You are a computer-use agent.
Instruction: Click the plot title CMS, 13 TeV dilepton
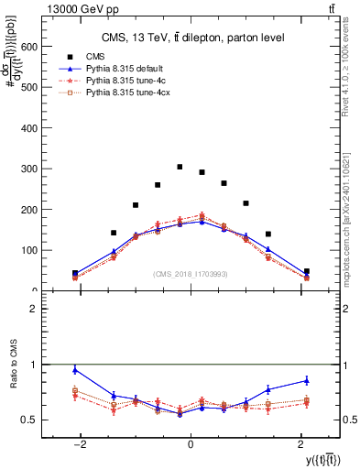click(x=191, y=38)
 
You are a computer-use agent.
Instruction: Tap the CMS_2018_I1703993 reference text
click(x=191, y=274)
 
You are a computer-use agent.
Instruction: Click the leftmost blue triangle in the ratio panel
click(x=75, y=370)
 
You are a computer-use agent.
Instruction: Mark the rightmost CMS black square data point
click(x=307, y=271)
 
